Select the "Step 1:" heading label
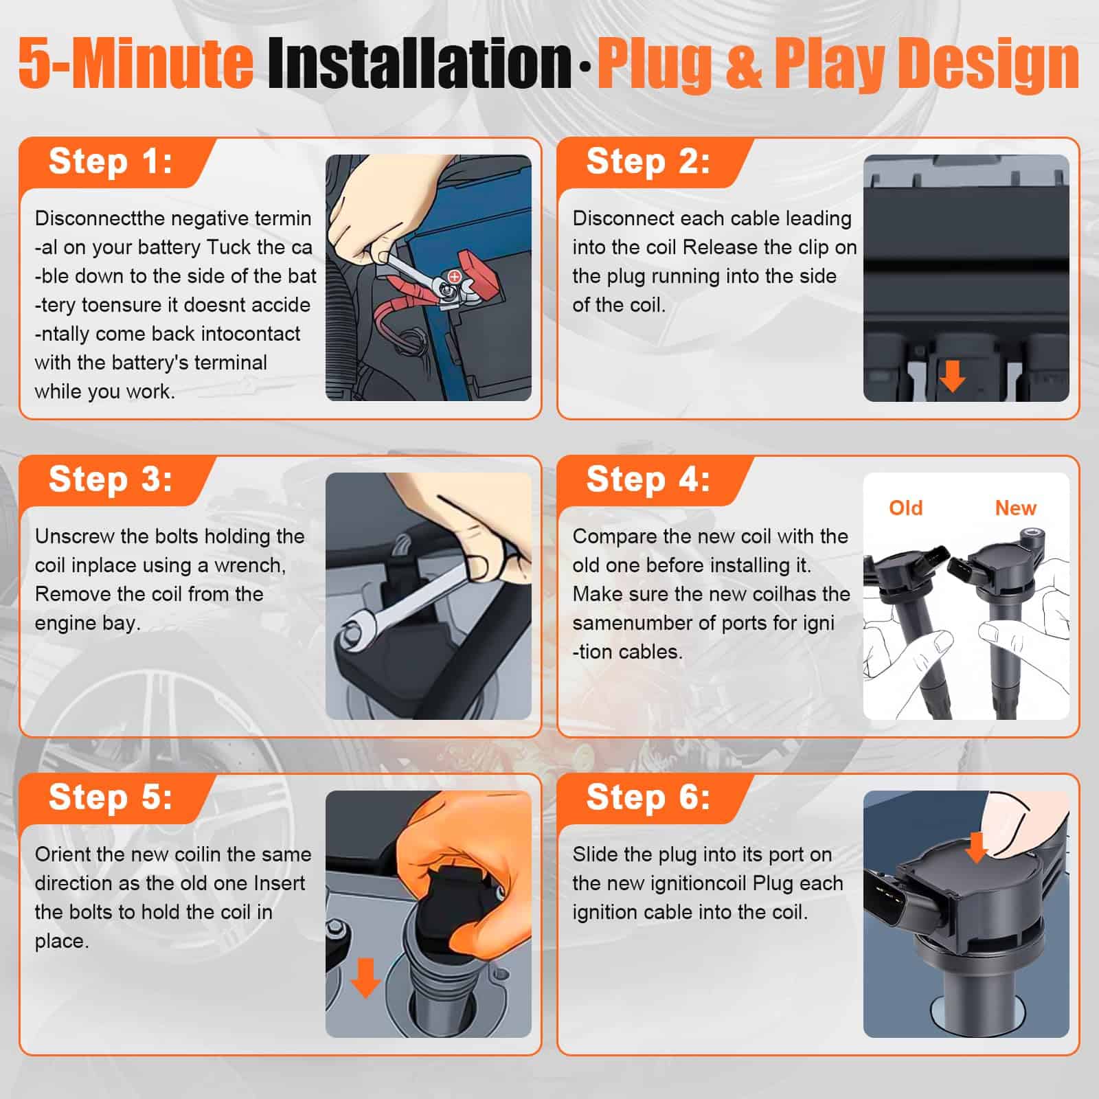(x=111, y=161)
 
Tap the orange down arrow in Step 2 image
(x=952, y=376)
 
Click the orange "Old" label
(x=905, y=508)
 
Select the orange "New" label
(x=1015, y=508)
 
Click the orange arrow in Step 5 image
(x=365, y=977)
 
